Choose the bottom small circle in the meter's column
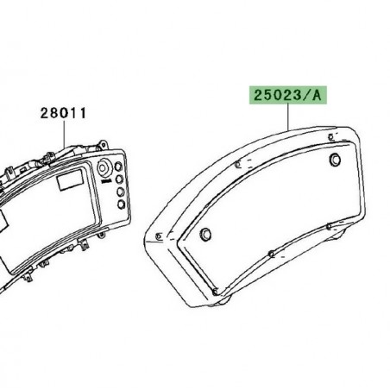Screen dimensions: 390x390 [119, 205]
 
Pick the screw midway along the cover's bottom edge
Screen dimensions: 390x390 [270, 253]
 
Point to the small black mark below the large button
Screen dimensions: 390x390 [103, 182]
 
